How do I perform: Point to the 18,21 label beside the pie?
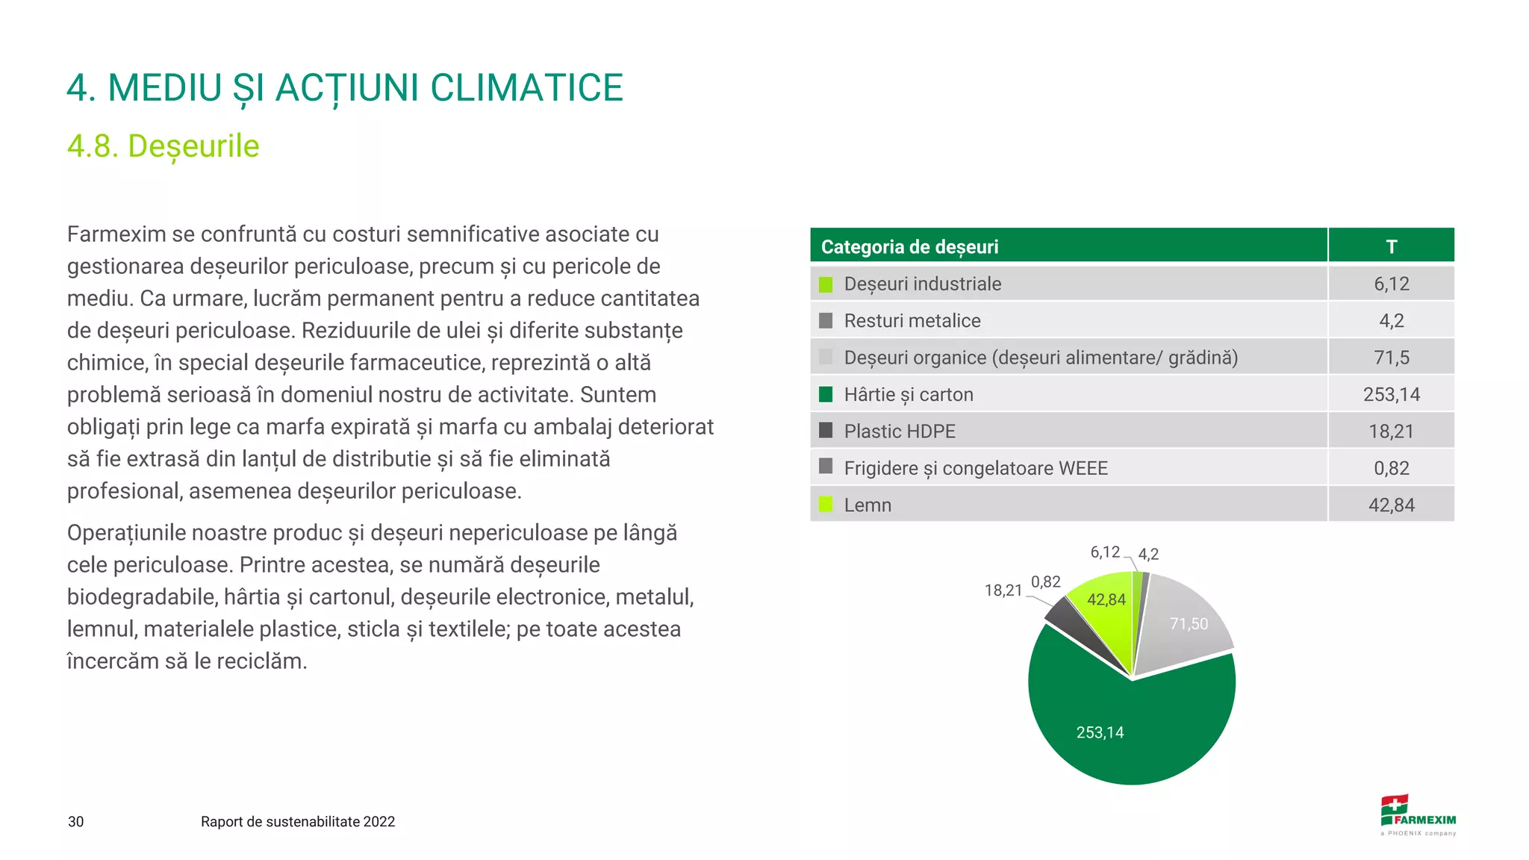click(1003, 591)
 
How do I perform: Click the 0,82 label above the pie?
click(1045, 582)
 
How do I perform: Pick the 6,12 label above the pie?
click(1105, 552)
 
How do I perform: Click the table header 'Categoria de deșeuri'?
click(909, 246)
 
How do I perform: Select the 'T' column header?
click(1391, 246)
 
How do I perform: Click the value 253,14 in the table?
click(1391, 394)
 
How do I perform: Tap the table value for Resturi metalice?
click(1391, 321)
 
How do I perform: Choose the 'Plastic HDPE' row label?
click(900, 431)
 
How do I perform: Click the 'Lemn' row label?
click(868, 505)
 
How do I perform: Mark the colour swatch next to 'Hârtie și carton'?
click(826, 394)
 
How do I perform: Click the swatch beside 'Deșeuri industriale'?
click(826, 284)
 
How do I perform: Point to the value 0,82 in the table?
click(1391, 468)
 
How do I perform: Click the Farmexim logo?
click(1418, 815)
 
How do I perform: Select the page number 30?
click(76, 822)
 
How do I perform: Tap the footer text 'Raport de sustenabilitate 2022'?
click(298, 822)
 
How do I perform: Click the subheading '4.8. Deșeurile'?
click(164, 146)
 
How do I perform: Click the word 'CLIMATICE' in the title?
click(526, 88)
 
